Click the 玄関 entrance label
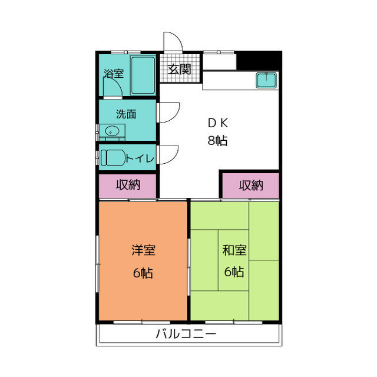pos(179,69)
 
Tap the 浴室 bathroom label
pos(114,74)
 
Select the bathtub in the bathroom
pos(143,75)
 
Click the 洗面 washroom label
pos(125,114)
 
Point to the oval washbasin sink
pos(111,131)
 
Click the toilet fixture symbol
pos(113,158)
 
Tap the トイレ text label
pos(140,158)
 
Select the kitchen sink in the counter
pos(266,80)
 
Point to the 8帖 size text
pos(219,141)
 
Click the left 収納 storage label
pos(127,185)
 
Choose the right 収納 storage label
pos(251,185)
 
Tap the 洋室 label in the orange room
pos(143,250)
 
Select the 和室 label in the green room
pos(234,250)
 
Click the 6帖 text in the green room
pos(234,272)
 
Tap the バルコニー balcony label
pos(186,335)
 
